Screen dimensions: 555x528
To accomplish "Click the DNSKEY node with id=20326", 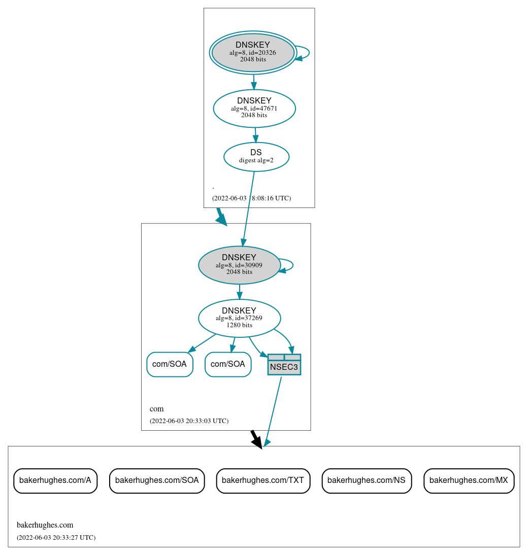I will click(253, 52).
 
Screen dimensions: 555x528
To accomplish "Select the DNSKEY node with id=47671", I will click(254, 108).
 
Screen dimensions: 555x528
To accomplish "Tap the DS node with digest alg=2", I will click(256, 157).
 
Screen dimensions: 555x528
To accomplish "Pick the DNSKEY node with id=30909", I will click(239, 265).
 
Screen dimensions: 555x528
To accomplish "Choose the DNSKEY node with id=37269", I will click(239, 318).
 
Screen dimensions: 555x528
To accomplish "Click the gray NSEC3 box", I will click(284, 365).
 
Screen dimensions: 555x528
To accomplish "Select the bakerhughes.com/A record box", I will click(55, 480).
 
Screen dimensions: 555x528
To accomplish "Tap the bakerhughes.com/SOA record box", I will click(157, 480).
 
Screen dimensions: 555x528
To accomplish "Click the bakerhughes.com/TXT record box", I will click(263, 480).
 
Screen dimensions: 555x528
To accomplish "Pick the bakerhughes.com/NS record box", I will click(367, 480).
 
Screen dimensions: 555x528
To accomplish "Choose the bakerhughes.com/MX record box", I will click(469, 480).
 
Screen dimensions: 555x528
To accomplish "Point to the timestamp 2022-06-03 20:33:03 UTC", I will click(189, 421).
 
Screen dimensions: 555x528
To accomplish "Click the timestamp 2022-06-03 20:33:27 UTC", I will click(56, 537).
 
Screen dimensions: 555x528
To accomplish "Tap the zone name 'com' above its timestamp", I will click(156, 409).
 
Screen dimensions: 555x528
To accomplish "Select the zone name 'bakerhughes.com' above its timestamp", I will click(45, 525).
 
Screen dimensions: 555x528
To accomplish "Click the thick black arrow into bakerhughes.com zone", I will click(256, 439).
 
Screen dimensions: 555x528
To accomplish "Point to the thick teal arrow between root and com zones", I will click(221, 217).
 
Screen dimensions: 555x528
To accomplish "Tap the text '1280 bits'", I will click(239, 325).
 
